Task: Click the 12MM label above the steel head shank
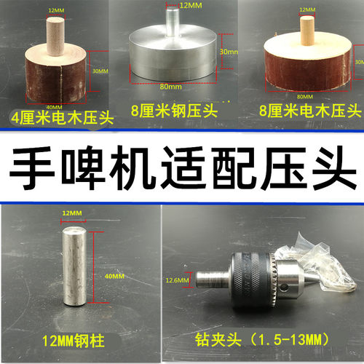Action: click(x=190, y=6)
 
